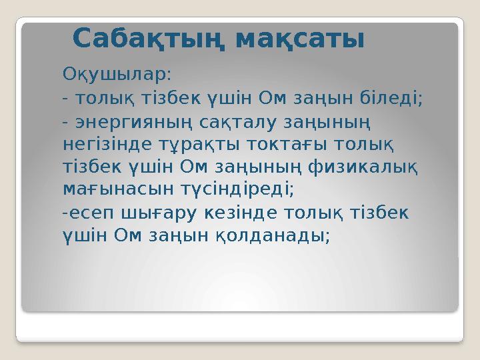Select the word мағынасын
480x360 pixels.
109,187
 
